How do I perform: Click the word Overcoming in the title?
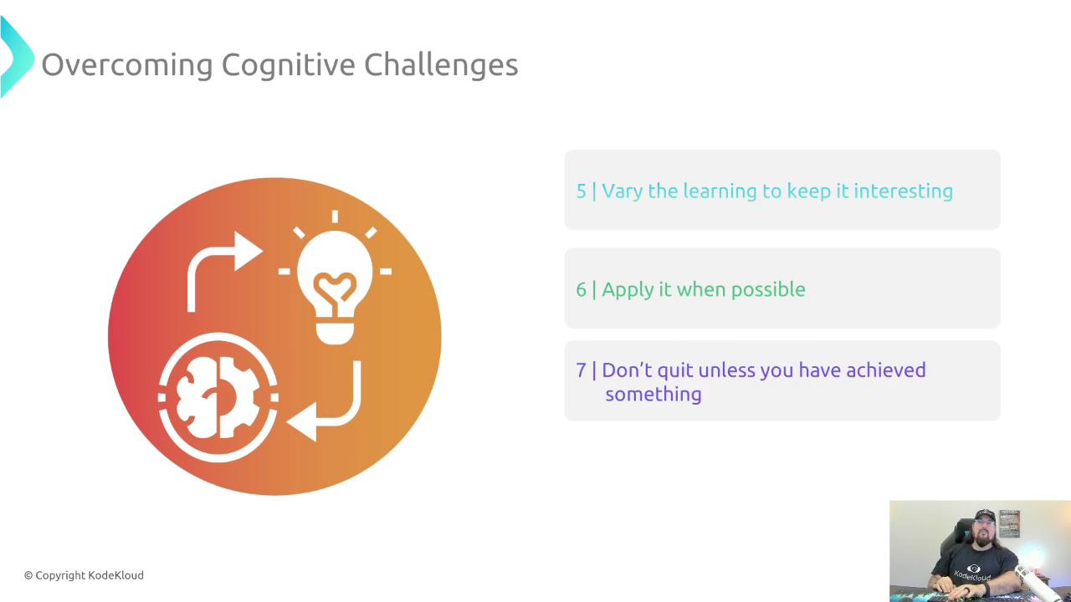click(127, 65)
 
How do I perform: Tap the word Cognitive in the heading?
click(289, 65)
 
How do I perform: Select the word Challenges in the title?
click(441, 65)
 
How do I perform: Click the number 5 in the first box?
click(581, 191)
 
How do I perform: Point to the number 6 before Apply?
click(581, 289)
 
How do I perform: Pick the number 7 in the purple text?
click(581, 370)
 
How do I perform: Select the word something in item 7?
click(653, 395)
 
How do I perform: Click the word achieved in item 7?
click(886, 370)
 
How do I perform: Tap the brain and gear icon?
click(218, 397)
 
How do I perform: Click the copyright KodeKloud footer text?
click(84, 575)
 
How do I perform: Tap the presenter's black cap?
click(985, 516)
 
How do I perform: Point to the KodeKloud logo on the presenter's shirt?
click(972, 574)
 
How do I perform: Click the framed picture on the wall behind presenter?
click(1009, 523)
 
